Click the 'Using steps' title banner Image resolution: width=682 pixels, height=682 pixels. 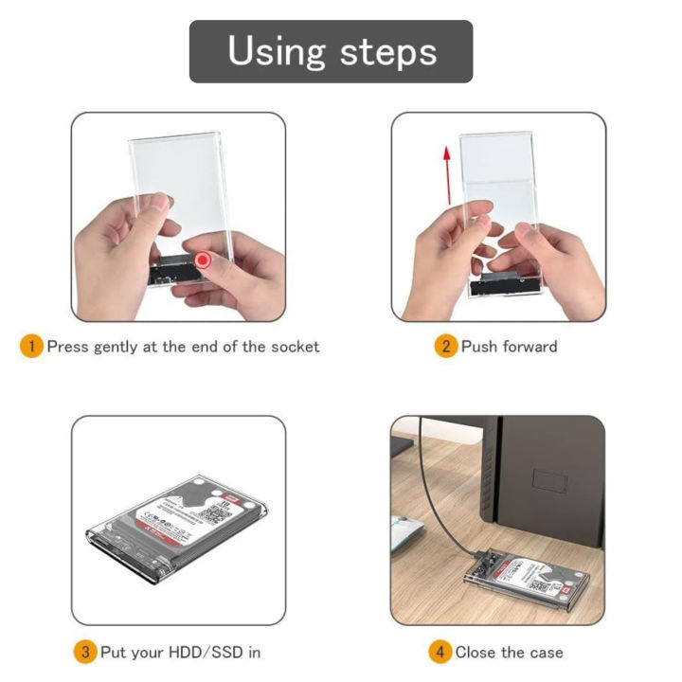(332, 51)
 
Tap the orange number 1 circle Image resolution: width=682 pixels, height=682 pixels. (31, 347)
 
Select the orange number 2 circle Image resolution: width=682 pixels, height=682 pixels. (446, 347)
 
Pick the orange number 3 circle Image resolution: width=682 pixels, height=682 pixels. (85, 652)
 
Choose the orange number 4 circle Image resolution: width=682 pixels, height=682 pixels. (440, 652)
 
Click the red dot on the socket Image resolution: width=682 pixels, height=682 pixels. (203, 260)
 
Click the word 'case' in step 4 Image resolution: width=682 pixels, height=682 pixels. (547, 652)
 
